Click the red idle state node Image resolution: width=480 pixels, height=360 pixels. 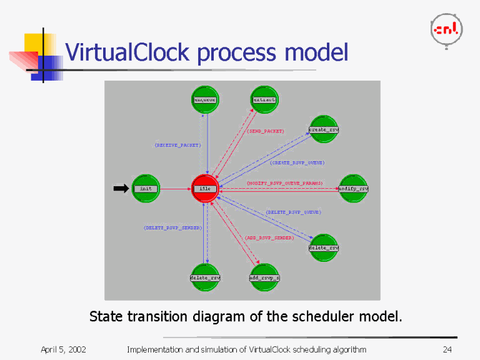click(x=205, y=188)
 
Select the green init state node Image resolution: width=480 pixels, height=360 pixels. click(x=146, y=188)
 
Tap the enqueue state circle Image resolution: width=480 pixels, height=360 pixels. click(x=205, y=99)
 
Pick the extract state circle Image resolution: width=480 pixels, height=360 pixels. click(x=264, y=99)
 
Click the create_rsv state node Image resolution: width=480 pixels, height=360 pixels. click(x=324, y=129)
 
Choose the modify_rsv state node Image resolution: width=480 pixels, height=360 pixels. click(x=353, y=188)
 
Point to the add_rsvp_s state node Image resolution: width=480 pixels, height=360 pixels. click(x=264, y=277)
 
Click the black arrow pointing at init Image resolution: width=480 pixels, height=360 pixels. click(x=121, y=188)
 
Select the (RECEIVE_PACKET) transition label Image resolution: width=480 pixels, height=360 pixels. click(x=177, y=145)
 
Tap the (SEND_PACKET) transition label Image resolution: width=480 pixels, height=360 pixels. click(x=266, y=131)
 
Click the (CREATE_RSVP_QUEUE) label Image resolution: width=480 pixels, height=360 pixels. click(x=297, y=162)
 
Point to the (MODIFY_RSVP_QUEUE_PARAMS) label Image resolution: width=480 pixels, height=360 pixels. click(x=284, y=183)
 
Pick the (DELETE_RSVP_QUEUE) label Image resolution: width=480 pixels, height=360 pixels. click(x=293, y=212)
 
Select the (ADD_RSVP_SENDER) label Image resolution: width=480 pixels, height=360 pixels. click(x=269, y=237)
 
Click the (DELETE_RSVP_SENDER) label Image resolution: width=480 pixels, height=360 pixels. click(x=172, y=227)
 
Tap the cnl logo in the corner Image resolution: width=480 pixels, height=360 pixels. click(x=446, y=29)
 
